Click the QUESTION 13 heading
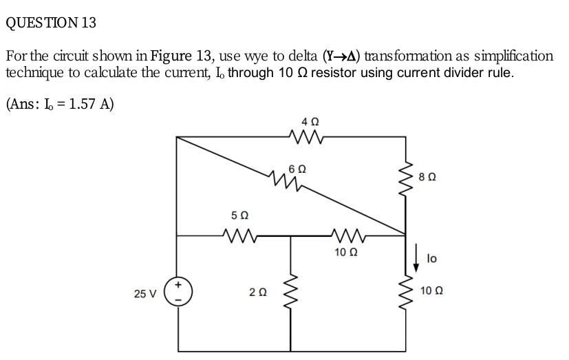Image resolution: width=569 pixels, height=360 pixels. pyautogui.click(x=51, y=23)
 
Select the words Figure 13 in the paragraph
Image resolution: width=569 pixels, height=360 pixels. pyautogui.click(x=177, y=56)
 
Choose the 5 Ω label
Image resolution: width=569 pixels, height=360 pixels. pyautogui.click(x=238, y=216)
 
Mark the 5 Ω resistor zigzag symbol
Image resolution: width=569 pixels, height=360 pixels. pyautogui.click(x=238, y=235)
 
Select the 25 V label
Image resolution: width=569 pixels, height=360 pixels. pyautogui.click(x=145, y=294)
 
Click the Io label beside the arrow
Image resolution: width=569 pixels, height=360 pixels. pyautogui.click(x=431, y=259)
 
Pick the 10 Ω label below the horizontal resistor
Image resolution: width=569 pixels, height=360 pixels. pyautogui.click(x=345, y=252)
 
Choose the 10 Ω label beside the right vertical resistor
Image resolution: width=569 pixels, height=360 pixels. pyautogui.click(x=430, y=291)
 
